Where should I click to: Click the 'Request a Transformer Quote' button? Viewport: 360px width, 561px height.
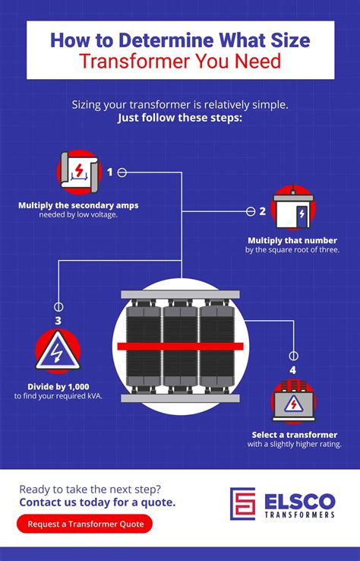point(84,524)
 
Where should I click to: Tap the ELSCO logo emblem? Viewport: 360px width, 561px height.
point(243,504)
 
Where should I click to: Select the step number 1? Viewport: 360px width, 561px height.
point(109,173)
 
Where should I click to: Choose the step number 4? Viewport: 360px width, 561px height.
point(292,370)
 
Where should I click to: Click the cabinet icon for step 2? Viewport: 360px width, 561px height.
point(292,208)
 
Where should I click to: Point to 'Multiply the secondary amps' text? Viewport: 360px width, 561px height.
point(78,205)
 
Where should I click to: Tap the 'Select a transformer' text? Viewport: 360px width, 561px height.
point(295,435)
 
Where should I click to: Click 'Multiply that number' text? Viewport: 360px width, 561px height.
point(292,240)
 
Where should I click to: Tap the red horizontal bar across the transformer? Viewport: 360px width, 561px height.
point(180,346)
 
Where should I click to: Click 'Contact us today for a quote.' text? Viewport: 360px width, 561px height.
point(97,502)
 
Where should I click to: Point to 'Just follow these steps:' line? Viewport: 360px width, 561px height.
point(179,119)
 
